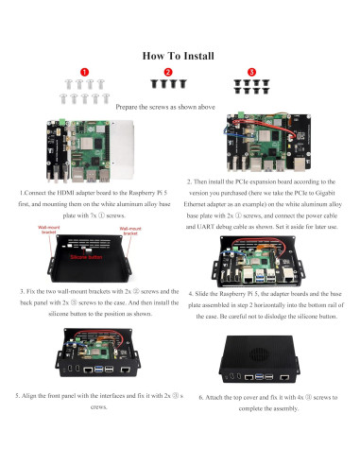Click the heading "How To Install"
point(180,56)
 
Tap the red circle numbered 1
point(84,72)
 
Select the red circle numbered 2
point(168,72)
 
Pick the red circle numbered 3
point(250,72)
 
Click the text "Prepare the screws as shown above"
point(180,107)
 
